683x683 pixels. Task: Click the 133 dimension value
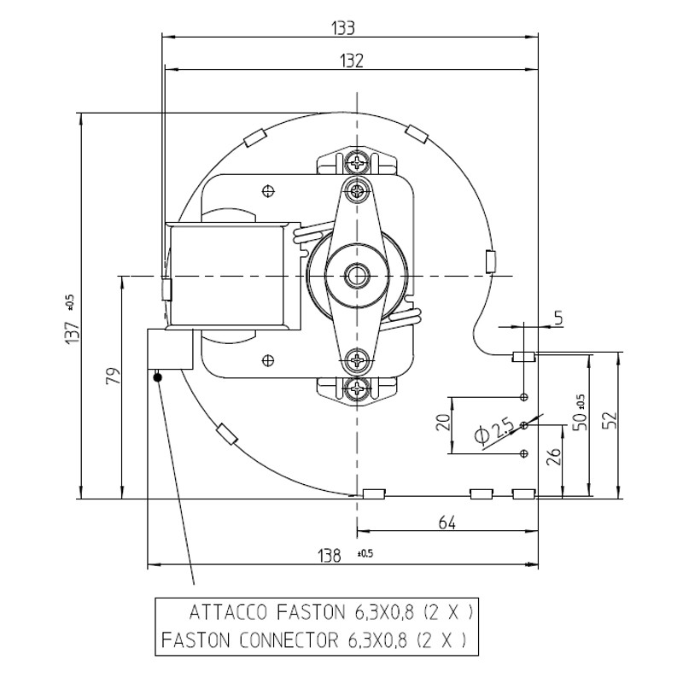(343, 28)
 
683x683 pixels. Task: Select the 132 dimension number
(352, 61)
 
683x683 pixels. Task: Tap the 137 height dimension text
(73, 332)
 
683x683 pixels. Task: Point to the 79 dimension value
(114, 376)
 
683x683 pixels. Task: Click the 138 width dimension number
(330, 556)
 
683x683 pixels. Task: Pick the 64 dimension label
(447, 522)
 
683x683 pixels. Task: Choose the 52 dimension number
(611, 420)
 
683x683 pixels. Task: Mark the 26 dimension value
(553, 458)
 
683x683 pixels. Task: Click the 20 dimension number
(443, 423)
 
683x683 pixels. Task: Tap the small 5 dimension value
(559, 318)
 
